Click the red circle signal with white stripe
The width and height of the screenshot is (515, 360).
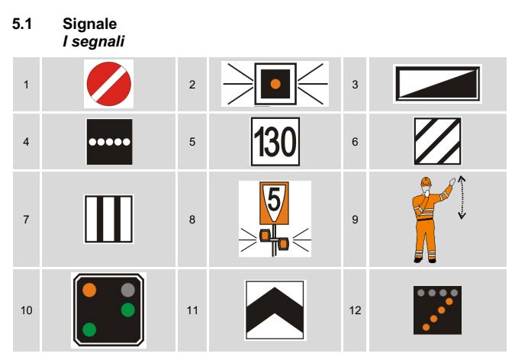pyautogui.click(x=108, y=84)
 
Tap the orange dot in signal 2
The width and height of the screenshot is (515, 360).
pyautogui.click(x=275, y=84)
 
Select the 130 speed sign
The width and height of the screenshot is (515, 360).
pyautogui.click(x=275, y=142)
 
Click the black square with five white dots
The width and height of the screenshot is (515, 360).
pyautogui.click(x=109, y=142)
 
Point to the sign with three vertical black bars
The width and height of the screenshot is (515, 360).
pyautogui.click(x=108, y=219)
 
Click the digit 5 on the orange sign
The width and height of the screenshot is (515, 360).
pyautogui.click(x=274, y=199)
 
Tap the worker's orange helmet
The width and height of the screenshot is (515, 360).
pyautogui.click(x=426, y=181)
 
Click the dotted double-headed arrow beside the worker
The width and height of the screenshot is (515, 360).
pyautogui.click(x=462, y=197)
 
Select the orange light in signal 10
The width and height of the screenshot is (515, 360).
pyautogui.click(x=89, y=290)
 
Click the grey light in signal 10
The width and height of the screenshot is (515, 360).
pyautogui.click(x=127, y=290)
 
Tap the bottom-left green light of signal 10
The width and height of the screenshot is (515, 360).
pyautogui.click(x=89, y=329)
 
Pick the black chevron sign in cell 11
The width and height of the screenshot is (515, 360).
pyautogui.click(x=275, y=310)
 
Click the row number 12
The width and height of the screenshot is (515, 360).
pyautogui.click(x=355, y=310)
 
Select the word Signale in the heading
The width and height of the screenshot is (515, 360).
pyautogui.click(x=90, y=24)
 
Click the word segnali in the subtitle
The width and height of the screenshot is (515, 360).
pyautogui.click(x=98, y=42)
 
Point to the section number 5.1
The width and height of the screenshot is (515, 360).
pyautogui.click(x=22, y=24)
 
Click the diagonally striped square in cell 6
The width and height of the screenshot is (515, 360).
pyautogui.click(x=437, y=142)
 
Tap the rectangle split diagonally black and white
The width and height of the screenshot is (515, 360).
pyautogui.click(x=437, y=84)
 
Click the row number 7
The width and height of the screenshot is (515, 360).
pyautogui.click(x=26, y=220)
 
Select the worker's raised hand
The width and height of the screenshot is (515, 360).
pyautogui.click(x=452, y=182)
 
